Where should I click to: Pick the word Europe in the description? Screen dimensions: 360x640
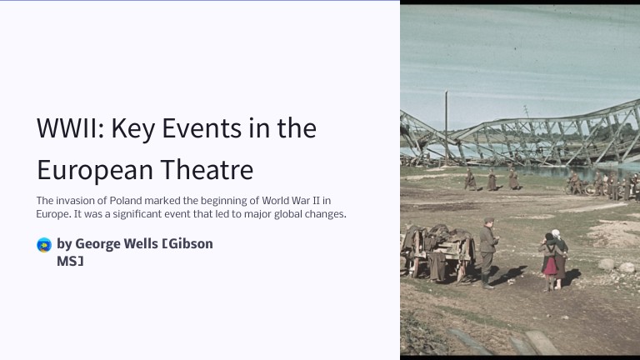[52, 214]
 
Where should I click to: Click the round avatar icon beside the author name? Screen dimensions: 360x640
[44, 244]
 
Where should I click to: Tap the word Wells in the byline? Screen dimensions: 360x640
[142, 244]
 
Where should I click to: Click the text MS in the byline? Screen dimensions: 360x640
[70, 261]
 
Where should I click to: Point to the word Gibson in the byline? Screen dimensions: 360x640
[189, 244]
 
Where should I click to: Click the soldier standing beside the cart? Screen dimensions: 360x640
[487, 250]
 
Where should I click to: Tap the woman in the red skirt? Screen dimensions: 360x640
[550, 260]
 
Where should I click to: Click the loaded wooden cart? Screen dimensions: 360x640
[437, 250]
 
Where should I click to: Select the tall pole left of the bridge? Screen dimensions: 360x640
[446, 125]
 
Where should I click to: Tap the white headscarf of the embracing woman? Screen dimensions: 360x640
[556, 233]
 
